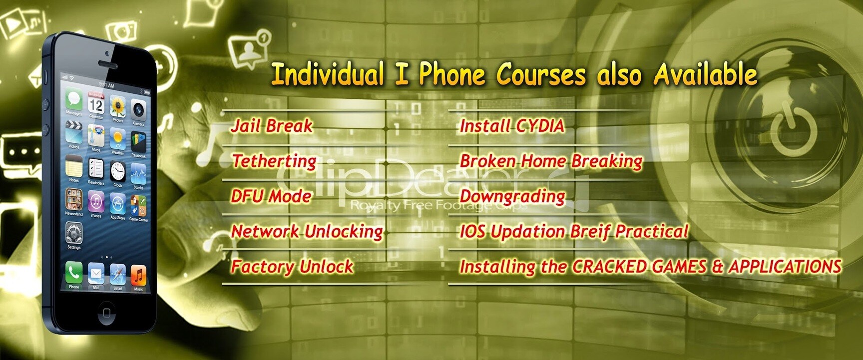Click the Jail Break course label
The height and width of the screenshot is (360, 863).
(x=272, y=126)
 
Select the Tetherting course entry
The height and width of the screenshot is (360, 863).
(x=274, y=161)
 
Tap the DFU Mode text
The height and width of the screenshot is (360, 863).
(x=271, y=196)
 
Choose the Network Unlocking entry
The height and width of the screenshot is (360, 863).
(x=307, y=232)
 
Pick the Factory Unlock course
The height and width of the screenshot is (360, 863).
(x=292, y=267)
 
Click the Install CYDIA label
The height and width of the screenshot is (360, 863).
(x=512, y=126)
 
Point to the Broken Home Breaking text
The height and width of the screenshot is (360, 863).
(x=551, y=161)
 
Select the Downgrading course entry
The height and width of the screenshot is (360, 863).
(x=512, y=196)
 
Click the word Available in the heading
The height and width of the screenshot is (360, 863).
(x=705, y=75)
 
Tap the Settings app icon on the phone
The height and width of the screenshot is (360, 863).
(x=74, y=233)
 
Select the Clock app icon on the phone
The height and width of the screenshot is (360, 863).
(x=118, y=172)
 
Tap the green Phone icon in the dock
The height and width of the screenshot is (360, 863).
(x=74, y=273)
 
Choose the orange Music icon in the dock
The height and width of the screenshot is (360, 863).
(x=138, y=275)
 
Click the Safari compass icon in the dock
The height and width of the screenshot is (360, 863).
(x=117, y=274)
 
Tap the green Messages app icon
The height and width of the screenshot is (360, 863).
(x=73, y=100)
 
